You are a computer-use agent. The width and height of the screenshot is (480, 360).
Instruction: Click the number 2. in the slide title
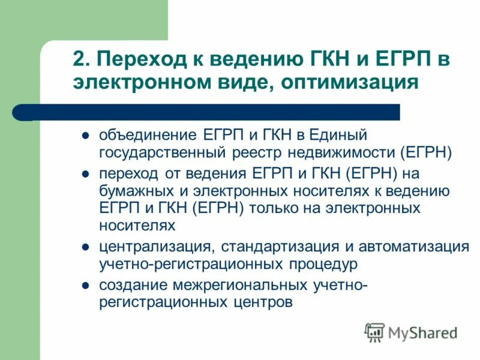(80, 59)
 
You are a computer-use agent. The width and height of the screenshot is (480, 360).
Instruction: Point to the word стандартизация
(272, 247)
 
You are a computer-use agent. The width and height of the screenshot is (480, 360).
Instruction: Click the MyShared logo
(412, 332)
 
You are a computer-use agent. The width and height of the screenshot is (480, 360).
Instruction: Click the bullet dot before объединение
(85, 135)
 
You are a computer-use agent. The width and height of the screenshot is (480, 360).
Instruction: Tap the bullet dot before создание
(85, 285)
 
